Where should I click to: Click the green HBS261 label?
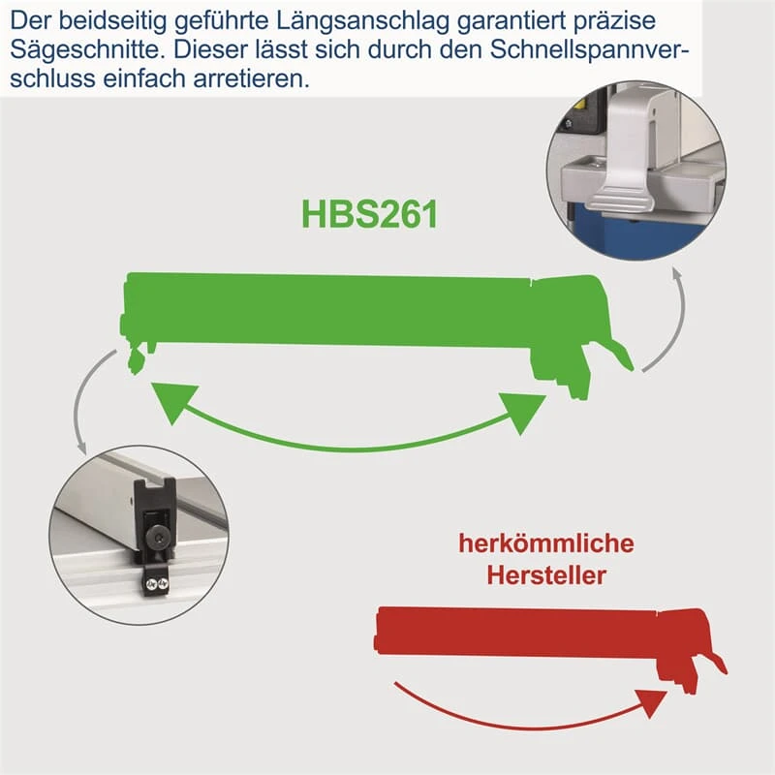click(370, 214)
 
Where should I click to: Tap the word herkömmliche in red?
click(546, 543)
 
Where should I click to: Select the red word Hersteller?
click(546, 575)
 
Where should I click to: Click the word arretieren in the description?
click(251, 78)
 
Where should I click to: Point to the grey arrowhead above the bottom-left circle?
click(81, 447)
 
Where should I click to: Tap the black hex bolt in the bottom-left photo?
click(157, 541)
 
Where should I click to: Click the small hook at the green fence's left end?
click(136, 361)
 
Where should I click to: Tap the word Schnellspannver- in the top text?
click(590, 50)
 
